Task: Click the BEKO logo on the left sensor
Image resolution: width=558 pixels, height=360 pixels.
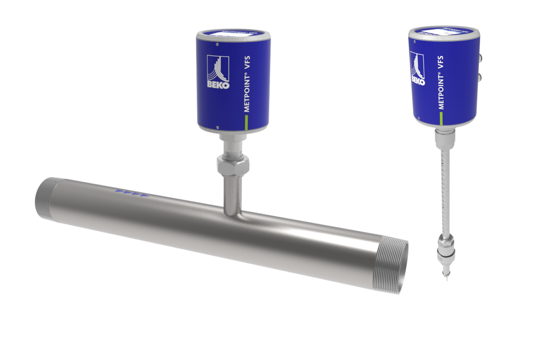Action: point(216,72)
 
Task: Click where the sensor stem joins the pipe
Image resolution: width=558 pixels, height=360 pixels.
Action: point(232,211)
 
